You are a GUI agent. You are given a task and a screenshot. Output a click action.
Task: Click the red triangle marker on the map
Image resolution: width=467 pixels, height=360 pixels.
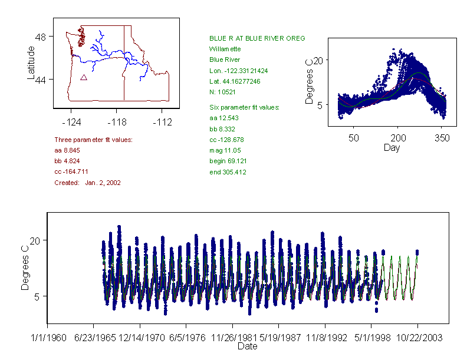click(84, 77)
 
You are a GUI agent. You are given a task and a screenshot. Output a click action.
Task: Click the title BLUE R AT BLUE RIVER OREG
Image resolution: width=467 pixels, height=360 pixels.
click(257, 38)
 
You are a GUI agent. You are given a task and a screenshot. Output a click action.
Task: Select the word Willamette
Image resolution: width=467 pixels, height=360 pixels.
click(225, 49)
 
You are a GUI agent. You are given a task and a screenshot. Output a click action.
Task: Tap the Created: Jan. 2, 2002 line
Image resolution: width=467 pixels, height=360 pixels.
click(87, 183)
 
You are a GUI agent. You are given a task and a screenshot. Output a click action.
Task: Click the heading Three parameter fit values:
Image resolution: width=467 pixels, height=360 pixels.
click(93, 140)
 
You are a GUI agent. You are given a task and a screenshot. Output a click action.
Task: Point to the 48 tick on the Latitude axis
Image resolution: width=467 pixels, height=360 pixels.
click(41, 37)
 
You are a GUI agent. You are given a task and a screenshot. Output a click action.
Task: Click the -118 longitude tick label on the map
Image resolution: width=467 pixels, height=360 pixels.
click(117, 122)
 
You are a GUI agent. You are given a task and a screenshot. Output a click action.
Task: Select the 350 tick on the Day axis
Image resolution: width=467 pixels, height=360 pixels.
click(442, 138)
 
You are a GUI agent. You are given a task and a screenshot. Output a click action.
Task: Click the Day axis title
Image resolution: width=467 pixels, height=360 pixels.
click(392, 147)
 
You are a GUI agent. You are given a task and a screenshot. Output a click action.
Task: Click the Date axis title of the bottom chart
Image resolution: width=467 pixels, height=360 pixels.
click(247, 346)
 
